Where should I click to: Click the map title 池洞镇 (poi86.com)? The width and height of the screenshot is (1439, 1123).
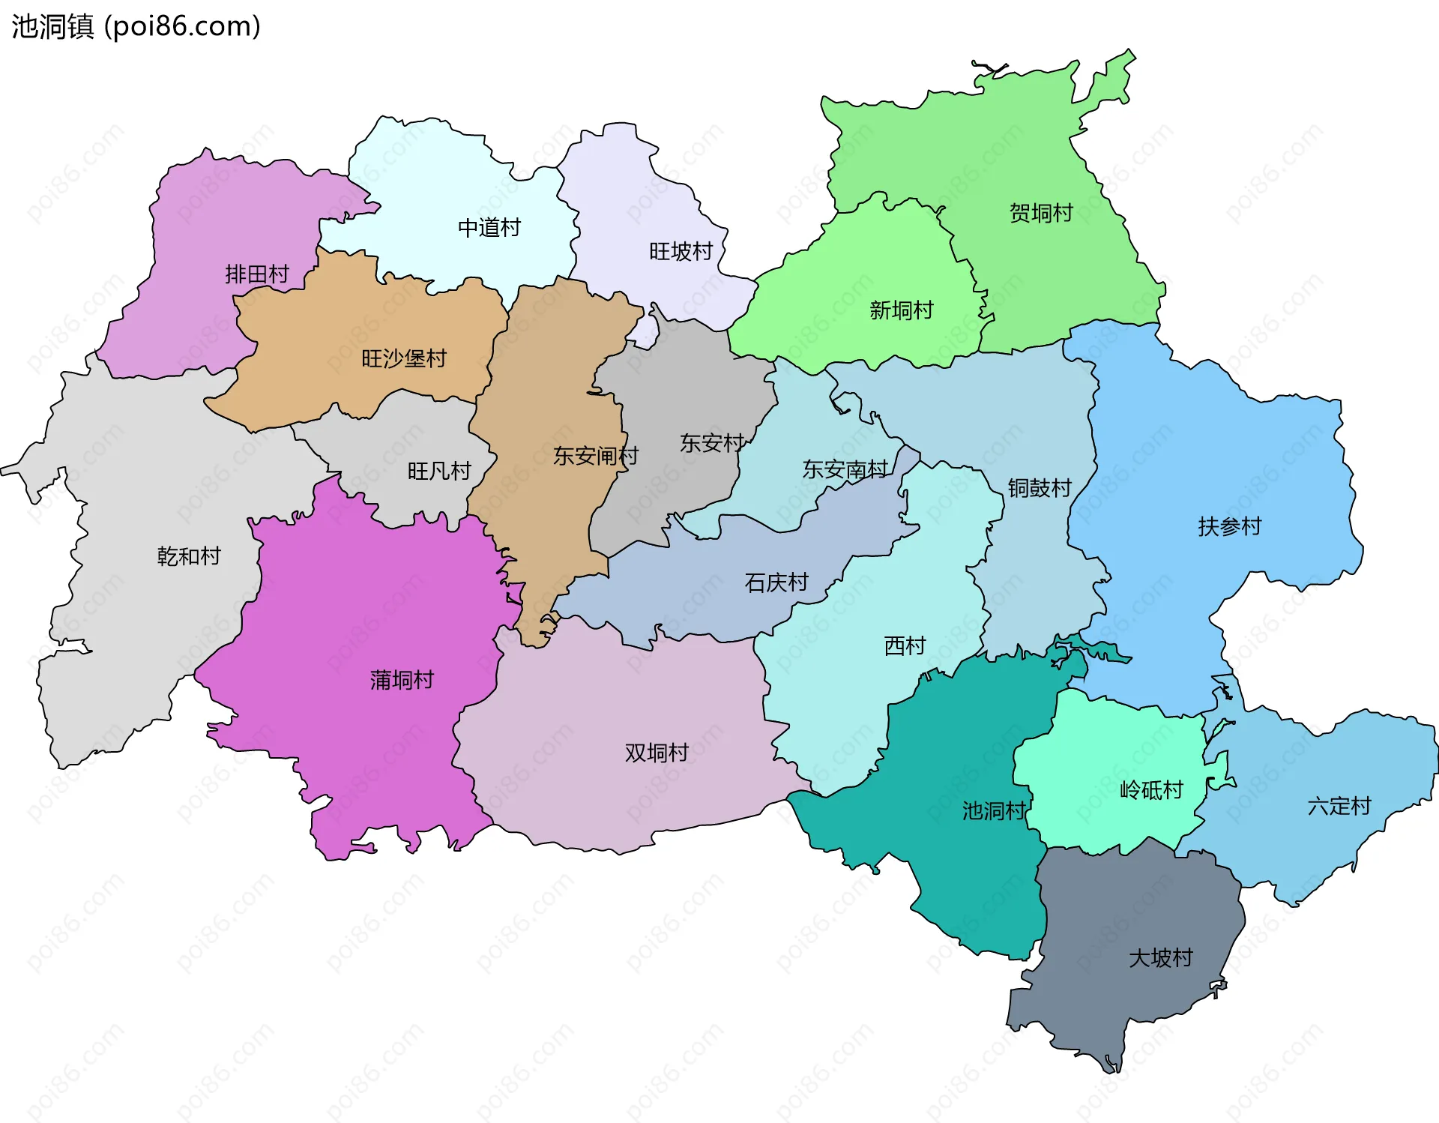[x=136, y=26]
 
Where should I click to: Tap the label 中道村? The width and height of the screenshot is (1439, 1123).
[x=489, y=228]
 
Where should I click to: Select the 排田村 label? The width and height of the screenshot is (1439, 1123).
[x=256, y=274]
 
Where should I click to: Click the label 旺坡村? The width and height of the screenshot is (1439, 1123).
[x=681, y=251]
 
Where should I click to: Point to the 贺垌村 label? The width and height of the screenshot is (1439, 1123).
[x=1041, y=214]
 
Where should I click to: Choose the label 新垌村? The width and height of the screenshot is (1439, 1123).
[x=901, y=310]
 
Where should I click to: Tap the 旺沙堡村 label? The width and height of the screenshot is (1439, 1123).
[x=403, y=359]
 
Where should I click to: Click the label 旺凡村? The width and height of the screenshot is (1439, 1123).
[x=438, y=472]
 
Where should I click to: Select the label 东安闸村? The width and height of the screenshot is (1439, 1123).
[x=595, y=456]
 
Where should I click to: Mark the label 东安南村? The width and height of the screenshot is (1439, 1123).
[x=845, y=470]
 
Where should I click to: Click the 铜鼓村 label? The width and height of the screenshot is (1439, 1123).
[x=1039, y=489]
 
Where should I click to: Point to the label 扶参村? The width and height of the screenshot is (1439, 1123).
[x=1229, y=527]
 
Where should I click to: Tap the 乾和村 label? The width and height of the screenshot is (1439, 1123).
[x=189, y=556]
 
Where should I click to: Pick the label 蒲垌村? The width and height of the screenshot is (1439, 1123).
[x=402, y=680]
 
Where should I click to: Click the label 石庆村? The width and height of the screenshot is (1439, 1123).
[x=776, y=582]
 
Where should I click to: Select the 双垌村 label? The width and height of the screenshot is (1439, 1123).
[x=657, y=753]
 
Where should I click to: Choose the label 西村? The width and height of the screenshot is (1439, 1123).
[x=905, y=645]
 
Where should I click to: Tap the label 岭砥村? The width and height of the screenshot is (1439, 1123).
[x=1150, y=790]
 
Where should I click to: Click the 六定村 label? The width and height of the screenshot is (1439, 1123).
[x=1339, y=807]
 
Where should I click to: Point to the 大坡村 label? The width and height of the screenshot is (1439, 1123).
[x=1160, y=958]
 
